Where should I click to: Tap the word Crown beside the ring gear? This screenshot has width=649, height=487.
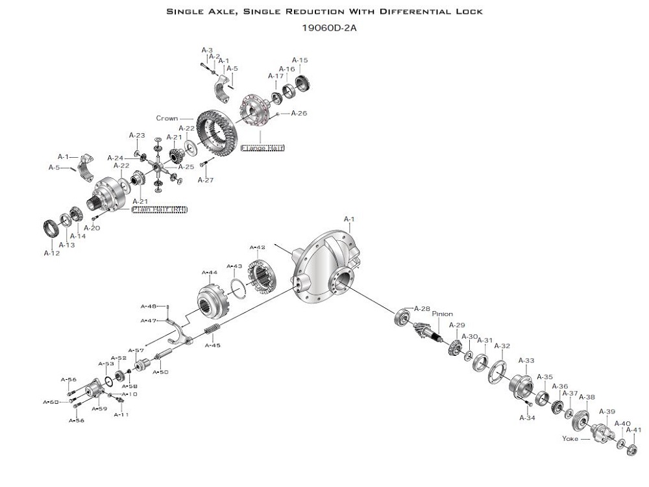point(167,119)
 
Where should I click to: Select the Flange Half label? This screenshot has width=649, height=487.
point(262,148)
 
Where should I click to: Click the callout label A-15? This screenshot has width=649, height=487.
point(300,60)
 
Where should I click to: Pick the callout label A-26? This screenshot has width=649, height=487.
point(299,113)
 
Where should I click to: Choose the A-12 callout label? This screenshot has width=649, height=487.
point(52,253)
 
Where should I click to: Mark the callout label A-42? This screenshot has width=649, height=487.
point(258,247)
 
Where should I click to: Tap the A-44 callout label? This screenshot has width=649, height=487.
point(210,273)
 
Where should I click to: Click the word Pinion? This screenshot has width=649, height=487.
point(443,314)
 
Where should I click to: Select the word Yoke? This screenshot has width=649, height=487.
point(570,438)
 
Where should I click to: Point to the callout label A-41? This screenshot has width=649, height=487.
point(633,430)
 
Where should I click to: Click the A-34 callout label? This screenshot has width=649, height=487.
point(527,418)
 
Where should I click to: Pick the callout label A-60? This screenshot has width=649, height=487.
point(51,402)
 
